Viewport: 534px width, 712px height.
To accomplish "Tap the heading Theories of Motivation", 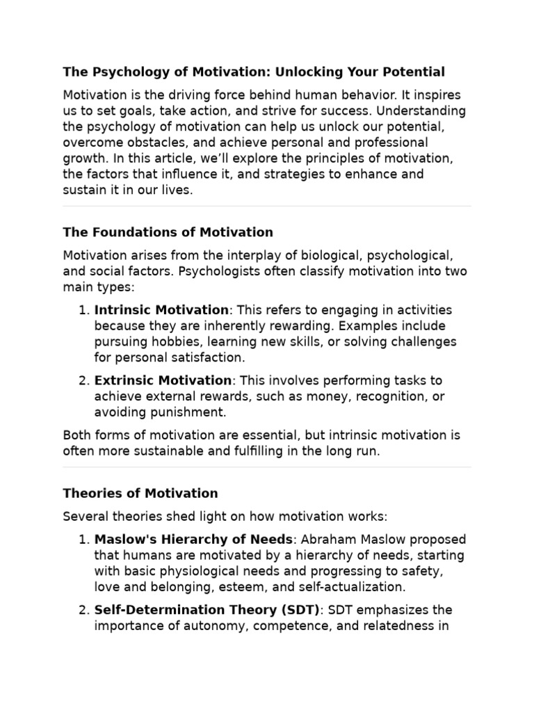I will pyautogui.click(x=140, y=493).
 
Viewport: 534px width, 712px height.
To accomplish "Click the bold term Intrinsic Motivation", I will pyautogui.click(x=161, y=309).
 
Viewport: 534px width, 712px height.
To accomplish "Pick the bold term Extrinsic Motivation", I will pyautogui.click(x=163, y=380).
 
